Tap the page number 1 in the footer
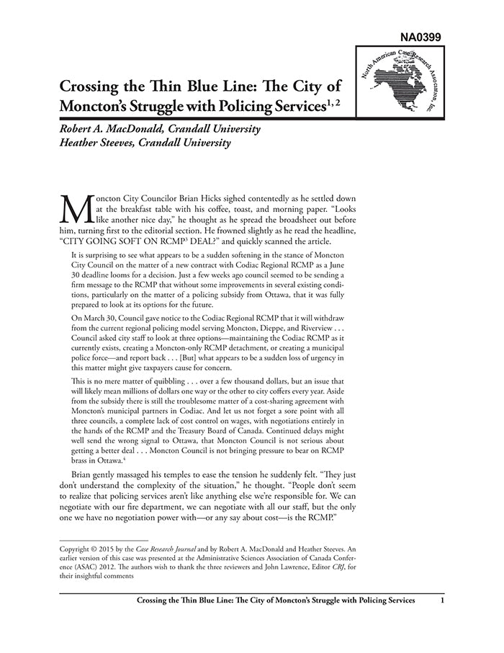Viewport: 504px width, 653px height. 441,600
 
